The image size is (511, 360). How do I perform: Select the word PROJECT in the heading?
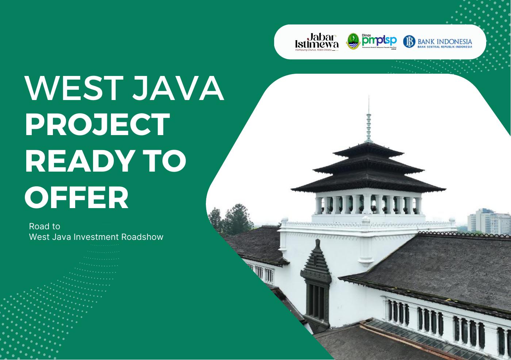97,125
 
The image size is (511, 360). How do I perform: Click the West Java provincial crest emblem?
353,41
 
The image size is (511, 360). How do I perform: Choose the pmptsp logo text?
379,40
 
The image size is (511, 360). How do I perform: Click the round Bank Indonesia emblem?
409,42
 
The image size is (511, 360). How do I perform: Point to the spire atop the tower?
369,120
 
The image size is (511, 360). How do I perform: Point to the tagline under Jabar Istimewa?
314,49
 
